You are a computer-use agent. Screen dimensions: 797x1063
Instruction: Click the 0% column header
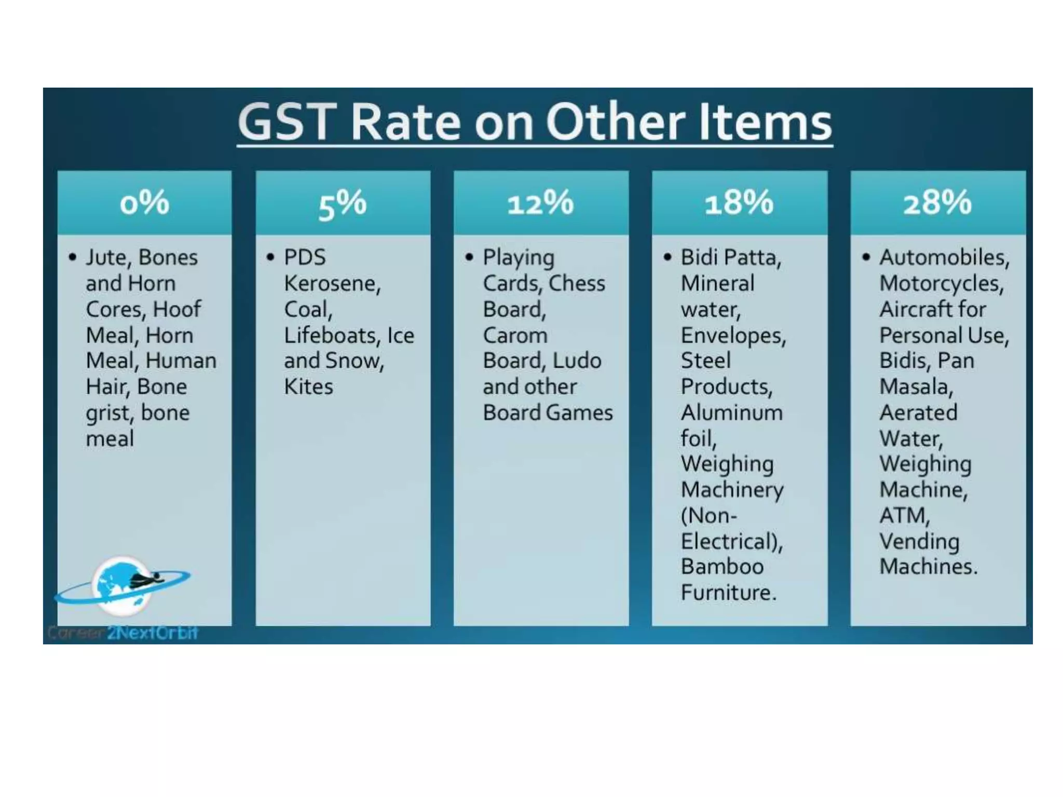click(x=144, y=202)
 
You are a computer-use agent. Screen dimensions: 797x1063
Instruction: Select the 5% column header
click(x=343, y=203)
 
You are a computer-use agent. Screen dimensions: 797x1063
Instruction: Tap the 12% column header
click(x=541, y=202)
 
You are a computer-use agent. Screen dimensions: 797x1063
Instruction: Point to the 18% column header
click(x=739, y=202)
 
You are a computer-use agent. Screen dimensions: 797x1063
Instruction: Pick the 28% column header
click(x=937, y=202)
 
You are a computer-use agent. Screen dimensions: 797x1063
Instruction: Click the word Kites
click(x=308, y=387)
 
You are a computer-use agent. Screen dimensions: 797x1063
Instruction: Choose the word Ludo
click(x=577, y=361)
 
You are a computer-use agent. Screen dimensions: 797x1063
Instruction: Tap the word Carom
click(x=515, y=336)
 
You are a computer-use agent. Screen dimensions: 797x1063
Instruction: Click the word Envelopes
click(x=733, y=336)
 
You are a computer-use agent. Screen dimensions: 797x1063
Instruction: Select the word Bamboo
click(x=722, y=567)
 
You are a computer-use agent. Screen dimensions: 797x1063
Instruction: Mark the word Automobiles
click(x=944, y=258)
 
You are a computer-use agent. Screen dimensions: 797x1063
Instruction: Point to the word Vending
click(x=919, y=542)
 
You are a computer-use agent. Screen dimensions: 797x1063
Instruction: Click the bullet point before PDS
click(x=270, y=257)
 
